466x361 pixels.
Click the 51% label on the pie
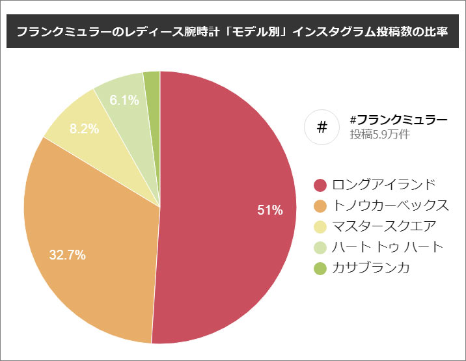269,210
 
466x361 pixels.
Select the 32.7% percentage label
68,255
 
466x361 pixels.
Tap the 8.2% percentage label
84,129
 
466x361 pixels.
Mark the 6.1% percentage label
124,100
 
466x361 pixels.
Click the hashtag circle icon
322,127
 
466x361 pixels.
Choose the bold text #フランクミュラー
398,120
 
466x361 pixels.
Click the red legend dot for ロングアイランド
320,185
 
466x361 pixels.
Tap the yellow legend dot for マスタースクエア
320,226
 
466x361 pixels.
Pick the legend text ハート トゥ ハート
387,247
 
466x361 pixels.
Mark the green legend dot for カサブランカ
320,268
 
